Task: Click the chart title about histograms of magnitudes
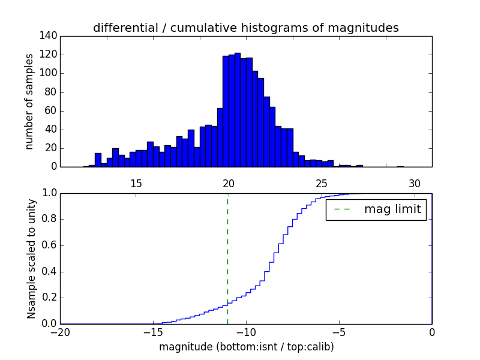[245, 28]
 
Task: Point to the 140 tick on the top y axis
[50, 36]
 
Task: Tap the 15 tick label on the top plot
[136, 183]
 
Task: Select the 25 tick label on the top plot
[322, 183]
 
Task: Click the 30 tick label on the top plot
[415, 183]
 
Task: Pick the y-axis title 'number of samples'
[29, 101]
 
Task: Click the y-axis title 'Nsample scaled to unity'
[31, 258]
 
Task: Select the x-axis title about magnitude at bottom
[246, 347]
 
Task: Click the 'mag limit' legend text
[392, 209]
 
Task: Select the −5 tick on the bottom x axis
[339, 332]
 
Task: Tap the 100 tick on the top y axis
[50, 73]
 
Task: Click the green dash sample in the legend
[342, 209]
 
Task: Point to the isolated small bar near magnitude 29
[400, 166]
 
